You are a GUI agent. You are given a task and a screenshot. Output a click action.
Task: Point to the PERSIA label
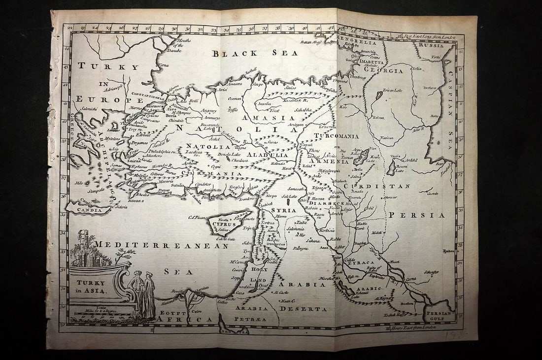(x=417, y=215)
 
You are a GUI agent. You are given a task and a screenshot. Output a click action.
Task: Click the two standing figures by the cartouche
(x=142, y=294)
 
